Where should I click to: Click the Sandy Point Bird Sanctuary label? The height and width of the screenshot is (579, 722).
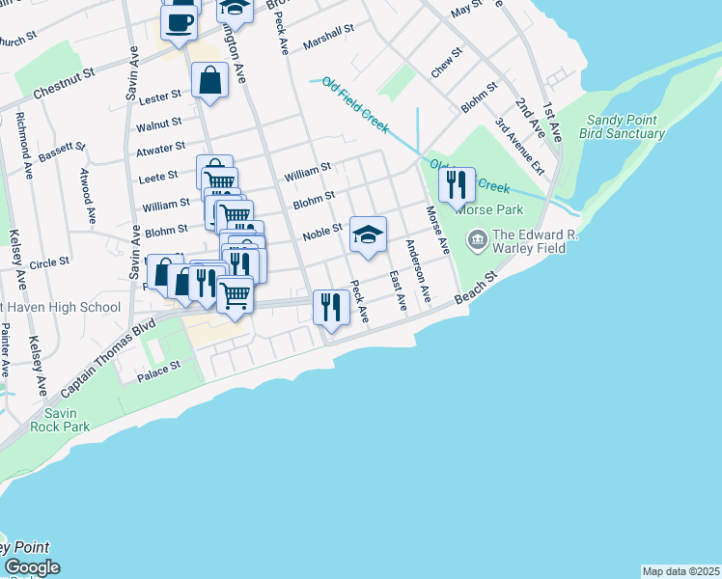coord(625,126)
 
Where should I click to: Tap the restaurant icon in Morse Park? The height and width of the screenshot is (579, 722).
coord(457,184)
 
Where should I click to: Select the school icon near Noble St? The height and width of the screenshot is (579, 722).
coord(368,234)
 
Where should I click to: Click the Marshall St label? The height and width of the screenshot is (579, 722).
coord(328,39)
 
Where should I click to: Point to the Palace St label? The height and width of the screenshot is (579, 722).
coord(158,369)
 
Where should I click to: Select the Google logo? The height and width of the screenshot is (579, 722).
coord(32,567)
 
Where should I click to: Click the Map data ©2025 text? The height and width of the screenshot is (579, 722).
coord(680,571)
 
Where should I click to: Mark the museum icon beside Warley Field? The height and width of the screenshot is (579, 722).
coord(477,238)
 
